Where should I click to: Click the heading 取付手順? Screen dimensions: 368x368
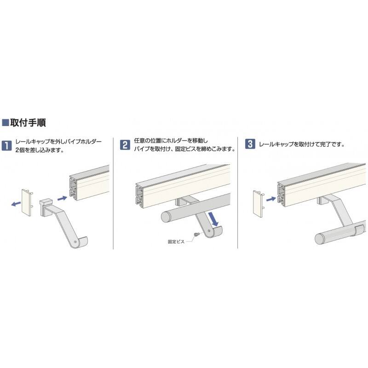tap(28, 122)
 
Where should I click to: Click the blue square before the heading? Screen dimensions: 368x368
tap(6, 122)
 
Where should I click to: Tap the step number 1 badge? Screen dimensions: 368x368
tap(6, 145)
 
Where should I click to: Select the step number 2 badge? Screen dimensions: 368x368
tap(125, 145)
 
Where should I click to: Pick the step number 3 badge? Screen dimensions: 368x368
tap(250, 144)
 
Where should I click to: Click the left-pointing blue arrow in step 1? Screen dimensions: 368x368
tap(16, 204)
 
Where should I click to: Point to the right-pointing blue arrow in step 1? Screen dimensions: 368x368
tap(62, 198)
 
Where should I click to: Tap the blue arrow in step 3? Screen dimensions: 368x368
tap(271, 199)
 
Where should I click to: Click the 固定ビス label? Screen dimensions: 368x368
tap(176, 241)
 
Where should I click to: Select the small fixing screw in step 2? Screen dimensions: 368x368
tap(196, 234)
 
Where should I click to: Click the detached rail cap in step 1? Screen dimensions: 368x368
tap(27, 202)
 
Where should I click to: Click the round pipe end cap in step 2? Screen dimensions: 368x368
tap(167, 217)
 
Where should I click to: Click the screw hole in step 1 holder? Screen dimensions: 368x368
tap(75, 241)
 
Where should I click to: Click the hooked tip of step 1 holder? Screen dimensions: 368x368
tap(83, 242)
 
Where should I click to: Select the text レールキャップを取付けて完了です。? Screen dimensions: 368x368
tap(302, 144)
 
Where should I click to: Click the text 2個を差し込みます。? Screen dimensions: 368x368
tap(40, 150)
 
